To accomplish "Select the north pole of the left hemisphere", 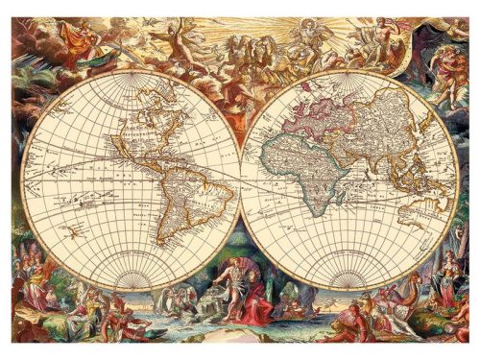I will click(x=132, y=74).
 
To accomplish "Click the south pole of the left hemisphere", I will click(x=132, y=290).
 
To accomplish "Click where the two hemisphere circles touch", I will click(x=240, y=181).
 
